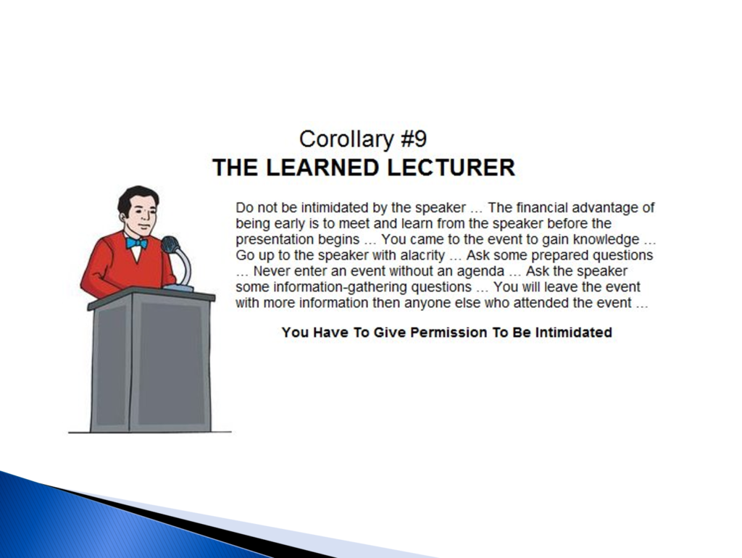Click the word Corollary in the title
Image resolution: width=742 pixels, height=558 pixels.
coord(346,140)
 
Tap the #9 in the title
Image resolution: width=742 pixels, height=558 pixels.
coord(414,138)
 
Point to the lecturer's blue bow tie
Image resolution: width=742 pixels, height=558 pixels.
coord(136,243)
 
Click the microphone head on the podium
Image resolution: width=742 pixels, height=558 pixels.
coord(170,245)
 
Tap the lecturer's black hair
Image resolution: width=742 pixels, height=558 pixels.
coord(136,196)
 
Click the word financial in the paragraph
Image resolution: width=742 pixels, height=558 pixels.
coord(542,208)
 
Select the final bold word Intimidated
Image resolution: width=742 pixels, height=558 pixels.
coord(574,332)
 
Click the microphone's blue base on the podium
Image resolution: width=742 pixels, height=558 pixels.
coord(178,287)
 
